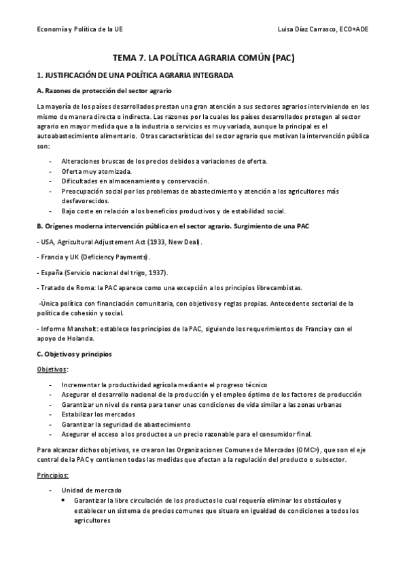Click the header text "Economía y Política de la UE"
tap(79, 31)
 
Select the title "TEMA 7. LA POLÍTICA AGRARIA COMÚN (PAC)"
tap(203, 58)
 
